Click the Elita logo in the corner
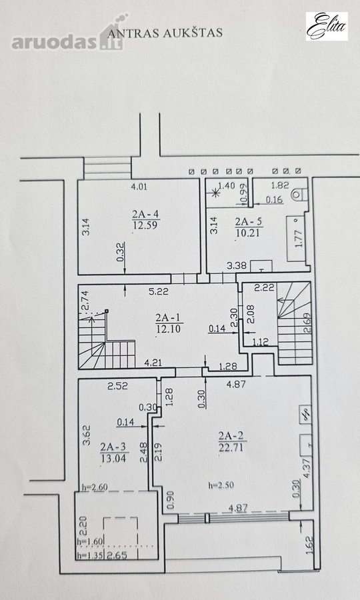327,26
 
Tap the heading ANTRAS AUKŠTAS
165,33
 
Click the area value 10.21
248,233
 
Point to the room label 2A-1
167,317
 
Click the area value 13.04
113,457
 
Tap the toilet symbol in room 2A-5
297,195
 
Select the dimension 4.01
139,187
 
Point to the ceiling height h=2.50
221,485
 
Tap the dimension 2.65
117,555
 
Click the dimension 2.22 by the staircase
265,288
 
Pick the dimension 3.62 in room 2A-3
87,436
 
